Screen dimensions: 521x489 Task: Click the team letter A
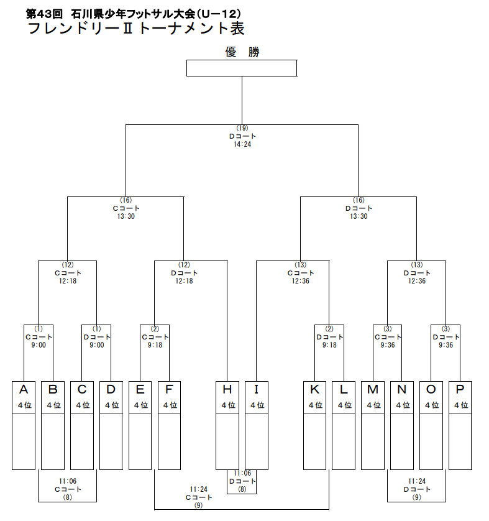click(24, 390)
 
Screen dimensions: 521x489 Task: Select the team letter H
click(227, 390)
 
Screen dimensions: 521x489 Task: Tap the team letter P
click(460, 390)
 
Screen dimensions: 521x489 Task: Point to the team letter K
click(314, 390)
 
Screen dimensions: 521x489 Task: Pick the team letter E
click(140, 390)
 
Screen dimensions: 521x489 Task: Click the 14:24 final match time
click(242, 144)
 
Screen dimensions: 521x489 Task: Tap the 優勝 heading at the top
click(242, 52)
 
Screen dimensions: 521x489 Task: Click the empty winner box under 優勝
click(242, 68)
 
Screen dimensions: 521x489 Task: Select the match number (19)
click(242, 128)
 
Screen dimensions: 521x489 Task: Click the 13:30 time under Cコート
click(126, 216)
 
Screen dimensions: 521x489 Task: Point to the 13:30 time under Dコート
click(359, 216)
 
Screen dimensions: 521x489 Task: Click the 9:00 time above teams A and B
click(39, 345)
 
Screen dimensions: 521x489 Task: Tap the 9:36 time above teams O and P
click(446, 345)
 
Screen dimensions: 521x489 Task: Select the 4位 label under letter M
click(373, 405)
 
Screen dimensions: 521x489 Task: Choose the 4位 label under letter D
click(111, 405)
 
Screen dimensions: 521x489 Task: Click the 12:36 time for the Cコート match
click(300, 280)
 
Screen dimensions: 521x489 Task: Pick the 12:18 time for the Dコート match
click(185, 280)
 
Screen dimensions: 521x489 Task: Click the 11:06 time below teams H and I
click(242, 473)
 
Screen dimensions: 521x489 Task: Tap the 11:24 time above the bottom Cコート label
click(199, 489)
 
